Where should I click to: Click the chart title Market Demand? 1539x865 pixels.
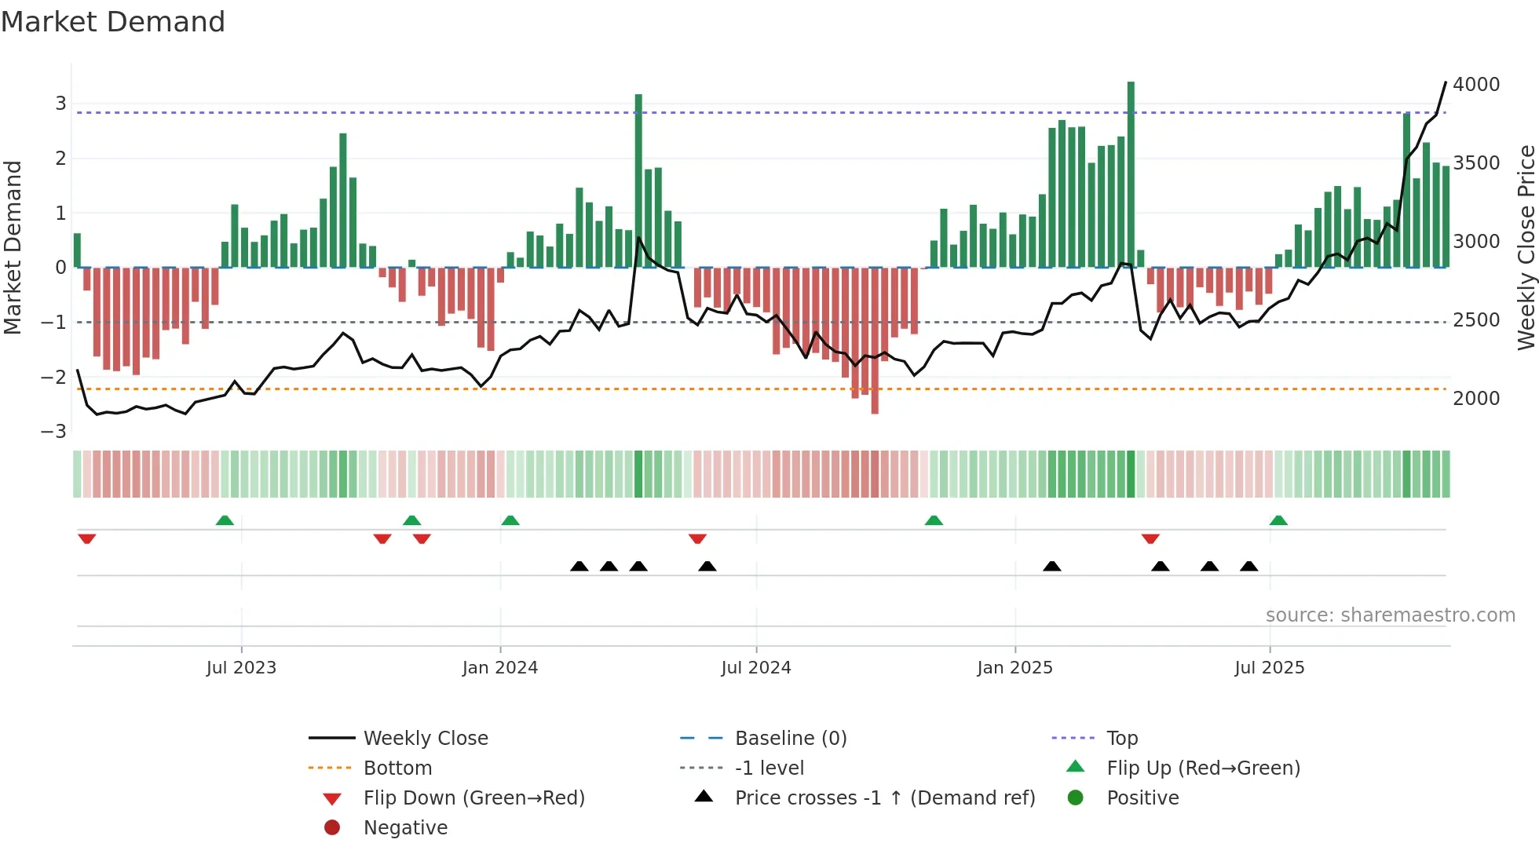(113, 22)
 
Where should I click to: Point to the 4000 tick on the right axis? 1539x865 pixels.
(1475, 85)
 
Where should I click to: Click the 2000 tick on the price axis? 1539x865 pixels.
(1475, 399)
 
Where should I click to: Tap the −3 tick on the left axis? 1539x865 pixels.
(54, 432)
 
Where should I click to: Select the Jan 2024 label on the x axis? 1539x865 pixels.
(500, 668)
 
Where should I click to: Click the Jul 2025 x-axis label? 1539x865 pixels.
(1269, 668)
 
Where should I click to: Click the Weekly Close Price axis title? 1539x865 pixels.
(1525, 247)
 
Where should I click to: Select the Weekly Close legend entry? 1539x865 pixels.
(425, 739)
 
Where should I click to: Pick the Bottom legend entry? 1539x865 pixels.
(397, 768)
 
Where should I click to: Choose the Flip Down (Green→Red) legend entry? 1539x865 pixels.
(473, 798)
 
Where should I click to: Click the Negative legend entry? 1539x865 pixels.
(405, 828)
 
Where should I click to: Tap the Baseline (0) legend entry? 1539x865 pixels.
(790, 739)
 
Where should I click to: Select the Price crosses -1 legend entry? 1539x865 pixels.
(884, 798)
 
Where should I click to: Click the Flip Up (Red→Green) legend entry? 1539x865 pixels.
(1203, 768)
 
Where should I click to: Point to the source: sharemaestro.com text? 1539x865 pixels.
(1390, 615)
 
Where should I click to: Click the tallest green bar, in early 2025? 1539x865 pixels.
(1131, 173)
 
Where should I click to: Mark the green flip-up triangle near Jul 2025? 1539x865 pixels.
(1278, 520)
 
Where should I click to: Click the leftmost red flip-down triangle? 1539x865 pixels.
(87, 538)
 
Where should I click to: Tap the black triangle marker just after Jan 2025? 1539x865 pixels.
(1052, 566)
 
